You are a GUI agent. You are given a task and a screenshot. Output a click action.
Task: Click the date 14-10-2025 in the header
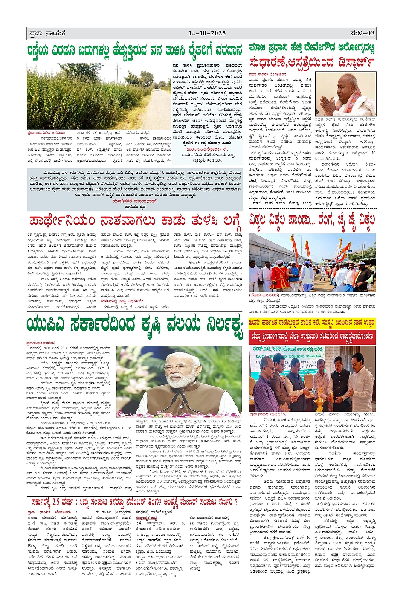(x=207, y=33)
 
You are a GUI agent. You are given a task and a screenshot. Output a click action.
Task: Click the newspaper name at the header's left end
(x=46, y=33)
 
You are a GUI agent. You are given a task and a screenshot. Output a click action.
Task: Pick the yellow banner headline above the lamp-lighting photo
(x=312, y=323)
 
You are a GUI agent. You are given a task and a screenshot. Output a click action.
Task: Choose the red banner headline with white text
(x=312, y=336)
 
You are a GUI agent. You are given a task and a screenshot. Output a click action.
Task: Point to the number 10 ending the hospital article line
(x=373, y=153)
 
